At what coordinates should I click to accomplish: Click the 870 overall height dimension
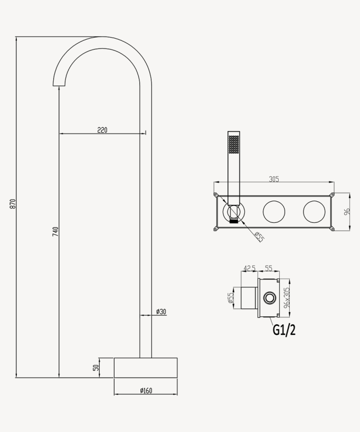tap(13, 204)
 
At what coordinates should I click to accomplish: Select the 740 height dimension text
tap(55, 231)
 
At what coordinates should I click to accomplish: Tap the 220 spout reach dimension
tap(102, 130)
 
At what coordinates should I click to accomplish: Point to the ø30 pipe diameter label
tap(161, 312)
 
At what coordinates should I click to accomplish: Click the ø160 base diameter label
tap(146, 390)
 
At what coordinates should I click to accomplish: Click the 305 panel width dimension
tap(273, 179)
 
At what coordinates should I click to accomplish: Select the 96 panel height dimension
tap(346, 212)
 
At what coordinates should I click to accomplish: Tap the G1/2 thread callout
tap(284, 330)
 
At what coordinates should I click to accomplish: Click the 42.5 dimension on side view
tap(249, 269)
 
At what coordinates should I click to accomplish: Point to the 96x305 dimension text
tap(287, 297)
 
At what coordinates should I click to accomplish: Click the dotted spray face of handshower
tap(233, 144)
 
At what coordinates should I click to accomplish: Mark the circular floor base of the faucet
tap(146, 368)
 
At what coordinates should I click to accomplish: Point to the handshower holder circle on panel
tap(233, 213)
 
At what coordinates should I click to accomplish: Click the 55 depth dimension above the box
tap(268, 269)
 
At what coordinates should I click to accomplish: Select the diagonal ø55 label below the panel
tap(259, 237)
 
